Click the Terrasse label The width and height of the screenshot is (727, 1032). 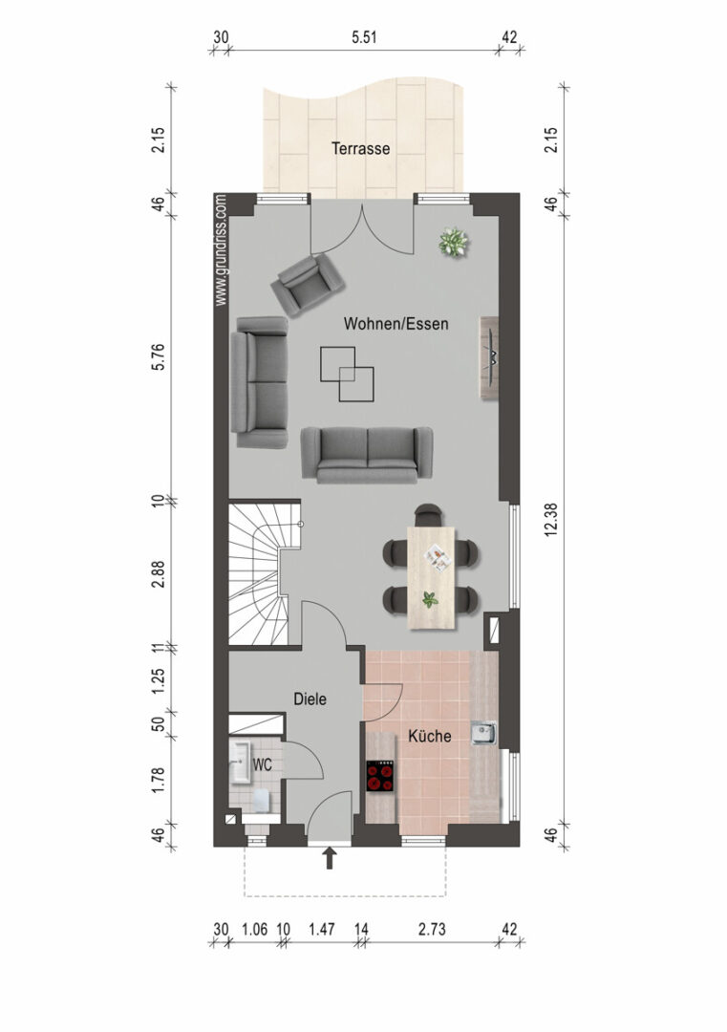pos(360,149)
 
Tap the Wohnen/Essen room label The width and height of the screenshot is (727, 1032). pos(396,324)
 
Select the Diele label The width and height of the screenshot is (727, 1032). pos(310,699)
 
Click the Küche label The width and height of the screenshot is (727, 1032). pos(430,736)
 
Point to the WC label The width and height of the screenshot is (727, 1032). pos(263,764)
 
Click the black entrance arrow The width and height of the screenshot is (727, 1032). pos(330,858)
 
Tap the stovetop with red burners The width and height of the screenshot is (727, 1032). pos(380,775)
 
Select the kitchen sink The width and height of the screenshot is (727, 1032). pos(483,733)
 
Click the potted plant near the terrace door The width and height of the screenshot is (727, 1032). pos(454,243)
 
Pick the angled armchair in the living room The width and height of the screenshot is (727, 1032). pos(308,284)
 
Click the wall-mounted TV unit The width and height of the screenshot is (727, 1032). pos(489,357)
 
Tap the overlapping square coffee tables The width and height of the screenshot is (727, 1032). pos(347,374)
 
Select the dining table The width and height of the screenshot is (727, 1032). pos(431,576)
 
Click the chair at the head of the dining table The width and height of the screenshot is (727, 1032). pos(428,514)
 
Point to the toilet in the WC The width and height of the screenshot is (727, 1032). pos(263,801)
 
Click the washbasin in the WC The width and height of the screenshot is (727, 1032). pos(241,763)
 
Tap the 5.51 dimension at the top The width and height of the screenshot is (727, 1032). pos(364,37)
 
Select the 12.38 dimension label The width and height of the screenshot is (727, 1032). pos(551,519)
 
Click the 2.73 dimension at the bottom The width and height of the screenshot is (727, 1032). pos(432,929)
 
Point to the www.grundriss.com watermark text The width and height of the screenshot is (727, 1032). pos(221,249)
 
